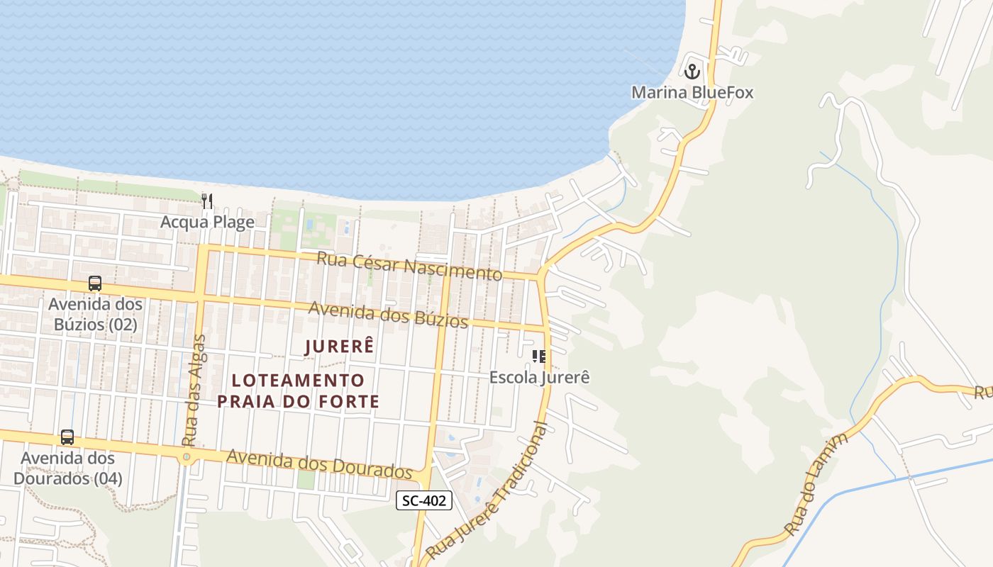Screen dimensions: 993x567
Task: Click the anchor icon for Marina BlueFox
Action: click(x=692, y=71)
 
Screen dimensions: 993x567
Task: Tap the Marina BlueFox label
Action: click(x=692, y=93)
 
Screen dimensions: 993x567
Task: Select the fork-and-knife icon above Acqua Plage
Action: click(x=207, y=201)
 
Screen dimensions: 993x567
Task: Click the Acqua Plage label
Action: click(x=207, y=223)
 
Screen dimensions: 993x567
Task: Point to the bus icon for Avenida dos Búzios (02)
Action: click(x=95, y=283)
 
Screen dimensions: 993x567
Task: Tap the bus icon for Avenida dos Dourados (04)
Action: click(x=67, y=437)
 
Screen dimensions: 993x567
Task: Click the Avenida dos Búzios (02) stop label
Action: click(x=95, y=315)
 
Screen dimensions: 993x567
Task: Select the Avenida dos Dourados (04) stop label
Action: click(x=67, y=468)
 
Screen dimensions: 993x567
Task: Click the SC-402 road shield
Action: click(x=423, y=500)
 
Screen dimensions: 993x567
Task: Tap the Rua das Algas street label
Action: click(x=194, y=390)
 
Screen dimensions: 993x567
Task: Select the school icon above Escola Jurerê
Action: click(x=539, y=356)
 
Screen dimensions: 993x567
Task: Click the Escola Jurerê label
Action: click(x=539, y=378)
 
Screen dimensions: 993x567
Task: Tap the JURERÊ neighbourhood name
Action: click(x=339, y=347)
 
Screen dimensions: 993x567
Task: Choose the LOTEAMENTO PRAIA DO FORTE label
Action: click(x=298, y=391)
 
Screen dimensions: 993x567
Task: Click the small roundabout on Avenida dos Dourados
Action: click(x=187, y=457)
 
